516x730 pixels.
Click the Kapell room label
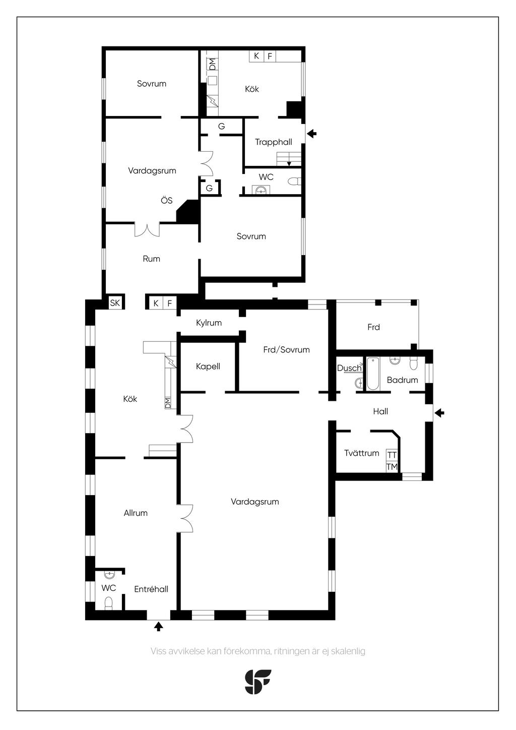(x=208, y=367)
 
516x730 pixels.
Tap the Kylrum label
(x=209, y=323)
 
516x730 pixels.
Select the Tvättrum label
(x=362, y=453)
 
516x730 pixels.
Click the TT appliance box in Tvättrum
(x=392, y=455)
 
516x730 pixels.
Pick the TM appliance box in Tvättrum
(x=392, y=467)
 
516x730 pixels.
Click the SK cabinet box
(x=115, y=303)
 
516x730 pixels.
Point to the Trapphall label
(x=273, y=142)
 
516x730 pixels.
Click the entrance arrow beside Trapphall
(x=312, y=133)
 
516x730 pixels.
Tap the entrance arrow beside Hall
(x=439, y=413)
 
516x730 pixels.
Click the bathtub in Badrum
(x=373, y=374)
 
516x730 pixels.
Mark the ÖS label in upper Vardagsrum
(x=166, y=200)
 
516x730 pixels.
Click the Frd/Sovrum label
(x=286, y=350)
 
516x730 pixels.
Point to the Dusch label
(x=349, y=368)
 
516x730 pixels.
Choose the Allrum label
(x=136, y=513)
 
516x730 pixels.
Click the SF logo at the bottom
(x=257, y=682)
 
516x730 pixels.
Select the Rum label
(x=152, y=259)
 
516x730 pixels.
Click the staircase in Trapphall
(x=289, y=159)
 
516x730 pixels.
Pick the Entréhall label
(x=151, y=589)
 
